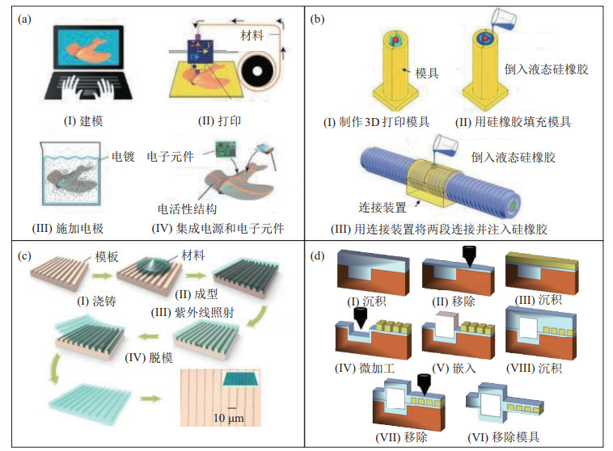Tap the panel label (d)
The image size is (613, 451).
coord(320,258)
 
